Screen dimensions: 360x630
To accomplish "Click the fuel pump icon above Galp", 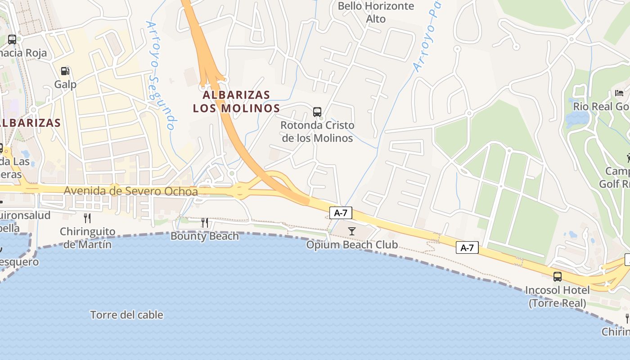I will tap(65, 71).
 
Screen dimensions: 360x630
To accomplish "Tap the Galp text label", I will tap(65, 84).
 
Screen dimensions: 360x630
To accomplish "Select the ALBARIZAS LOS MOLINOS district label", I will tap(236, 102).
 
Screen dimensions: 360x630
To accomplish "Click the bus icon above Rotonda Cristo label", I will tap(317, 112).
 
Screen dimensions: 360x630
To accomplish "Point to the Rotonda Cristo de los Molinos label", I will tap(317, 131).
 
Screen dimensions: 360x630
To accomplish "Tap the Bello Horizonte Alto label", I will tap(376, 12).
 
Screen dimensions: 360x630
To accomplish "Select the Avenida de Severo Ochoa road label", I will tap(130, 191).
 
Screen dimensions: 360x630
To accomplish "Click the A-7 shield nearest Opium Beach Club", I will tap(341, 213).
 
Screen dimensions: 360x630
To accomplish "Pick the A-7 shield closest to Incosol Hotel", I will tap(467, 247).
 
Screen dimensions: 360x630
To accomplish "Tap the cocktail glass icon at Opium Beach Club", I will tap(352, 231).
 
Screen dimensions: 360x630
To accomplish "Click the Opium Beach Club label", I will tap(352, 245).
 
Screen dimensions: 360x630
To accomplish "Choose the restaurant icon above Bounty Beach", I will tap(204, 222).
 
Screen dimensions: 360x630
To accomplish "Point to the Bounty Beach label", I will tap(204, 236).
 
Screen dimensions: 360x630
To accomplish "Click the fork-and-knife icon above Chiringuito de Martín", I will tap(87, 218).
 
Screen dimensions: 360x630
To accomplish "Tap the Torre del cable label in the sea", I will tap(126, 315).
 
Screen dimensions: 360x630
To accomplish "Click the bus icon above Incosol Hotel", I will tap(558, 276).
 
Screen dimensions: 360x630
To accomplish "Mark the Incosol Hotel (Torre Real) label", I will tap(558, 297).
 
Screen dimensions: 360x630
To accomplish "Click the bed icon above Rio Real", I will tap(619, 93).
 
